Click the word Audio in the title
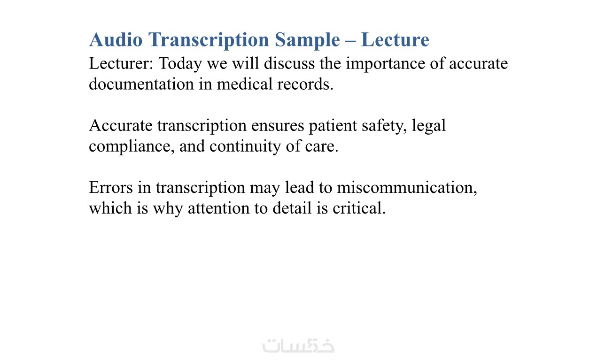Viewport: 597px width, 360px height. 116,40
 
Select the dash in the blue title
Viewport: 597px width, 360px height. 350,41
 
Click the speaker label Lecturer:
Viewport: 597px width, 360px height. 121,63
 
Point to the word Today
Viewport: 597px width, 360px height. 180,64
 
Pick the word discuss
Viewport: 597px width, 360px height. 289,63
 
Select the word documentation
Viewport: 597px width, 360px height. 141,84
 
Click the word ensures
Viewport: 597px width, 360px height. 278,126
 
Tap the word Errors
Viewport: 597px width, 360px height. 111,187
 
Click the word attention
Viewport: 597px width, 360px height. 218,208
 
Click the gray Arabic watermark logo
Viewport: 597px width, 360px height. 298,345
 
